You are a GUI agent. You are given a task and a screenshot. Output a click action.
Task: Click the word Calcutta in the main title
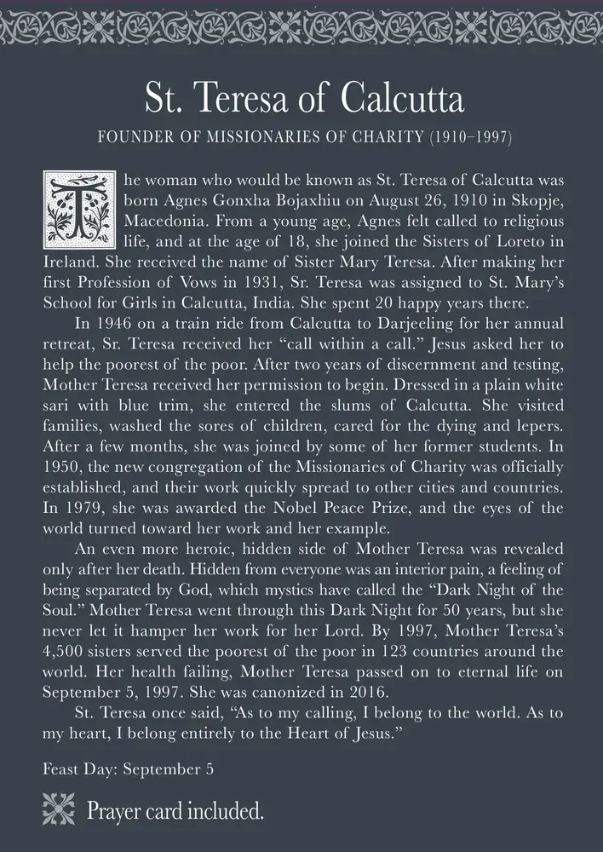403,100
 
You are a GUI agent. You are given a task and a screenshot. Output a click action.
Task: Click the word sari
57,405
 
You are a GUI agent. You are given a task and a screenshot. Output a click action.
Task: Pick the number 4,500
66,652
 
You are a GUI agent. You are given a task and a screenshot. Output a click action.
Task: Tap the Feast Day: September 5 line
128,769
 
